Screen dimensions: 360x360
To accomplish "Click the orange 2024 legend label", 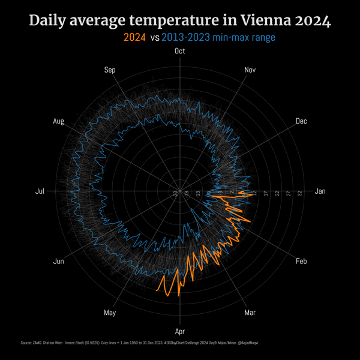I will click(134, 37).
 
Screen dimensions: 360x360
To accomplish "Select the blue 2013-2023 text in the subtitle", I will click(187, 37).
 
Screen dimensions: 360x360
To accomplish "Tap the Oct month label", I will click(179, 51).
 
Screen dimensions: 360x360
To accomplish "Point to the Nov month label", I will click(250, 70).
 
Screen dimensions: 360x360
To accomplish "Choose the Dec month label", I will click(301, 121).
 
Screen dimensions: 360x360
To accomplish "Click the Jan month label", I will click(320, 191).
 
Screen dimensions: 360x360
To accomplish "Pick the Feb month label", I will click(301, 261).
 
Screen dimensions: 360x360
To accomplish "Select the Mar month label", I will click(250, 313).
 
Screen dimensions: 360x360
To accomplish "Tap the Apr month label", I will click(179, 331).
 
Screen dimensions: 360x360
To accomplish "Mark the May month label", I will click(110, 313).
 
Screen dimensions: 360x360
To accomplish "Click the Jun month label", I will click(59, 261).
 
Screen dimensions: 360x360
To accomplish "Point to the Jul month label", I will click(40, 191).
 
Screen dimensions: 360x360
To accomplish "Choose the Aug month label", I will click(58, 121).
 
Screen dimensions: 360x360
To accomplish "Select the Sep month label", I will click(110, 70).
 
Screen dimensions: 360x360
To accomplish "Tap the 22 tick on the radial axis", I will click(277, 193).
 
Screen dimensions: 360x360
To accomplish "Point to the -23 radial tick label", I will click(175, 193).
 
